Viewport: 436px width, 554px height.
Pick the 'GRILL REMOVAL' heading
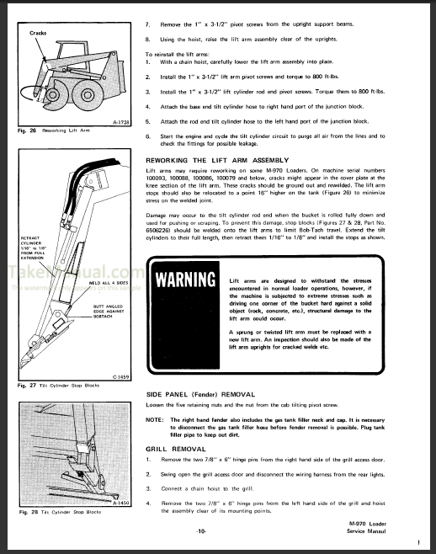click(x=171, y=450)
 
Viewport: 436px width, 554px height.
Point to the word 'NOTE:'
click(x=155, y=418)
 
